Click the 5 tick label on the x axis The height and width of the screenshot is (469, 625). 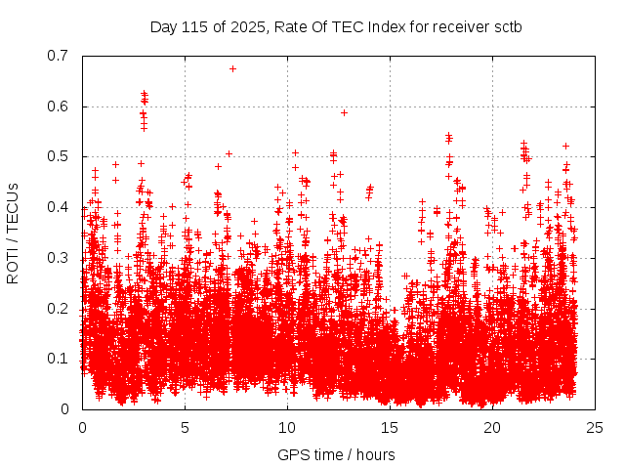point(185,427)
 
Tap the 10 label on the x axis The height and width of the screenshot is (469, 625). point(287,427)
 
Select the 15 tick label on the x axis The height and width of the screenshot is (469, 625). point(390,427)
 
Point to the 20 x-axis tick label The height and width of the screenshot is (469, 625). point(492,427)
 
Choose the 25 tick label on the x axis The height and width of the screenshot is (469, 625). point(595,427)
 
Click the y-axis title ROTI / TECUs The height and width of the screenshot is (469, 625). point(13,233)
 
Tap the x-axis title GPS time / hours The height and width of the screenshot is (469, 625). point(336,454)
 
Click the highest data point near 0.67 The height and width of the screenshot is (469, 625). point(232,68)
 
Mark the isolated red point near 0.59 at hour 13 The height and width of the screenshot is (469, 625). point(344,112)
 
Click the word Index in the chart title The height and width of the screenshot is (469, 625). point(379,26)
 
